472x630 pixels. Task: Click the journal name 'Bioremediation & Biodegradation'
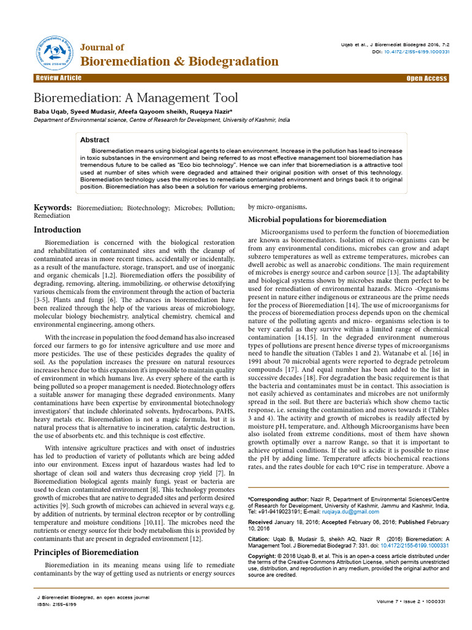point(180,62)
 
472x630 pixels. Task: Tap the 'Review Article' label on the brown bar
point(58,78)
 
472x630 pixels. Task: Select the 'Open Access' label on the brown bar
point(427,78)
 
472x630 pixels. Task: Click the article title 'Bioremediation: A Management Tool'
point(135,98)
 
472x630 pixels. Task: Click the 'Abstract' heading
point(95,140)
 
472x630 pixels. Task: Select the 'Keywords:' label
point(52,209)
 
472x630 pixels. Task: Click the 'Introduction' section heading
point(57,229)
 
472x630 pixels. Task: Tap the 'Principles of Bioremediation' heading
point(85,552)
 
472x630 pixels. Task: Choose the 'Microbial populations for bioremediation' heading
point(317,220)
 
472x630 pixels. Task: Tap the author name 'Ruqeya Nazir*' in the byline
point(206,111)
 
